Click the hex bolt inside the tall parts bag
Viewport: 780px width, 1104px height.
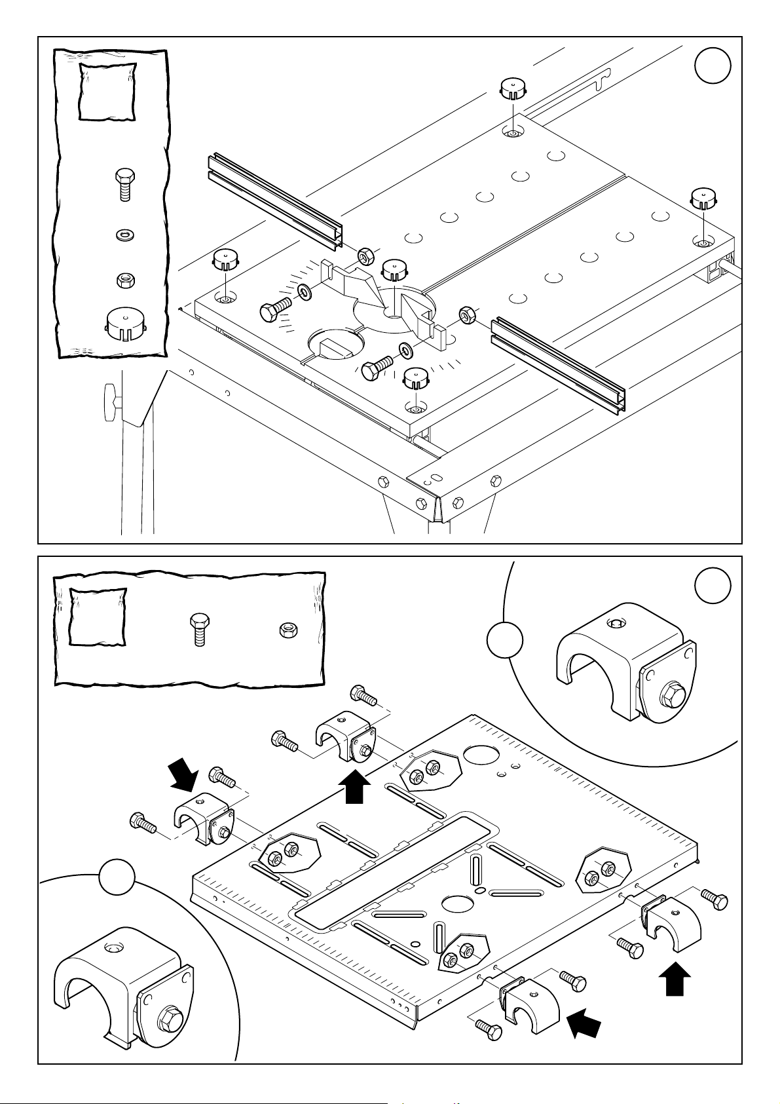124,185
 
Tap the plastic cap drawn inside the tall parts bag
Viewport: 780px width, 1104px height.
124,323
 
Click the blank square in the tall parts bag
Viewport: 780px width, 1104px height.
107,92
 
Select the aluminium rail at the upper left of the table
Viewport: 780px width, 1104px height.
275,200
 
